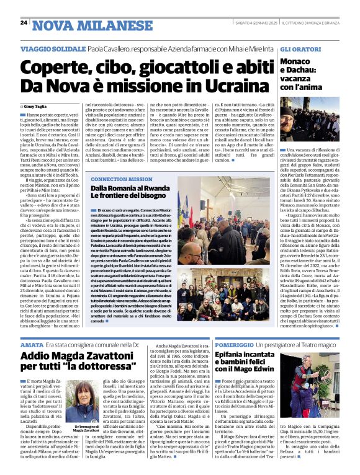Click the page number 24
24,22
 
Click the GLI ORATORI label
301,48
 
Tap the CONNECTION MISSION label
121,179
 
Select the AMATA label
32,344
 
